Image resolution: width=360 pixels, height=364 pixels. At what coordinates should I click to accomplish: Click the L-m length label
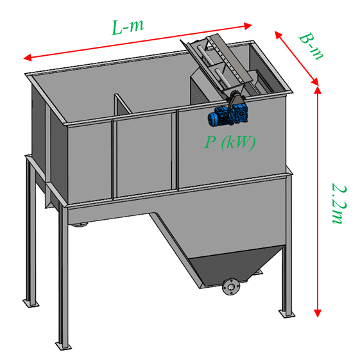point(128,27)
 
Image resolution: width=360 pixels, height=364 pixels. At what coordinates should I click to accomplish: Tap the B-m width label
point(311,47)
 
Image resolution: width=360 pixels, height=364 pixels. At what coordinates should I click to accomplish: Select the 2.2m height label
point(338,204)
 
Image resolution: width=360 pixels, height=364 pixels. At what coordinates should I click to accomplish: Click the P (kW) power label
point(230,142)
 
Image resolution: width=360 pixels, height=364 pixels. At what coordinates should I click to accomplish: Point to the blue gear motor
point(228,115)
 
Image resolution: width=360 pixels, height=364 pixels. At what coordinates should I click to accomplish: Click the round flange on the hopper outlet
point(231,286)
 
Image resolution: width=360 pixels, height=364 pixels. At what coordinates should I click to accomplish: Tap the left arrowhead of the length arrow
point(28,57)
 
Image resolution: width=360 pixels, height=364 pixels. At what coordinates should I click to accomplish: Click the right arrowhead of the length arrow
point(248,26)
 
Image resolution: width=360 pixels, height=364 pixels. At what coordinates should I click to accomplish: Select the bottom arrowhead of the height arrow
point(318,313)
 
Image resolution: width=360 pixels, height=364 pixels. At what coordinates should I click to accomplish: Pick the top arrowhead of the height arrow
point(318,90)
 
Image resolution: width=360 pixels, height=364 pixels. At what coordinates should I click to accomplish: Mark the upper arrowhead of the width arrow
point(279,35)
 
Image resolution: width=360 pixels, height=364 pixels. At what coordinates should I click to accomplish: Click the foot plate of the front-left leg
point(63,345)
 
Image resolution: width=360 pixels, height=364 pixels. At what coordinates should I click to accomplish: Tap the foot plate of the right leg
point(287,314)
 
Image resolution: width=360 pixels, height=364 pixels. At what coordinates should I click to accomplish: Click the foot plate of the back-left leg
point(31,303)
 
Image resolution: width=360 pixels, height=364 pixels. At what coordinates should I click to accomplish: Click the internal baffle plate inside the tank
point(123,104)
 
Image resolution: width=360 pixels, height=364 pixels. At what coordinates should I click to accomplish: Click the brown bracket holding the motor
point(236,99)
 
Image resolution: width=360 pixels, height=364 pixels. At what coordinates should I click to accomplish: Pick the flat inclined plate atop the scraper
point(229,58)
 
